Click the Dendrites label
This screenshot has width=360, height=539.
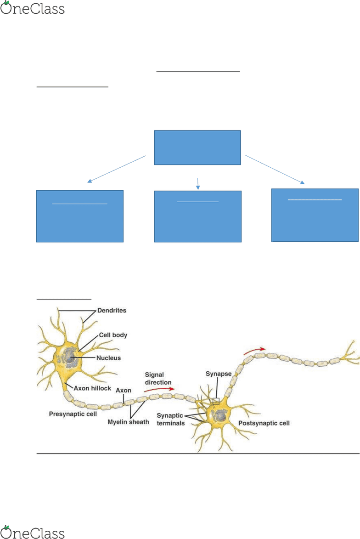(x=112, y=311)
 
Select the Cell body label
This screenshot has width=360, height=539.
(x=113, y=335)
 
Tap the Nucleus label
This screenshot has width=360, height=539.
(x=108, y=358)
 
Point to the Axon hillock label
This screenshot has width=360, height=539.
(x=92, y=388)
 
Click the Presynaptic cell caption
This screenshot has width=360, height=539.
(x=73, y=414)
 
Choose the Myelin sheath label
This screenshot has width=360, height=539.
(x=128, y=422)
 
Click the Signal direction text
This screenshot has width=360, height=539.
(x=158, y=379)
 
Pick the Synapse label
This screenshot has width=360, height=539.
(x=219, y=374)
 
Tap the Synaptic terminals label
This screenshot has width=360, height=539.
(x=171, y=420)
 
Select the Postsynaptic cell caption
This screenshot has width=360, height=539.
(x=264, y=423)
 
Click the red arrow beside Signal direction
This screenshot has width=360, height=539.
(x=159, y=389)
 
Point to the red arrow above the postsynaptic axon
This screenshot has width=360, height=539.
(x=254, y=351)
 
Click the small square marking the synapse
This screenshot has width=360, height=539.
(x=216, y=401)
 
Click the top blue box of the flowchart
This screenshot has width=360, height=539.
(x=197, y=148)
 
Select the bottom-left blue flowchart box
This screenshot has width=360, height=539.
(x=80, y=216)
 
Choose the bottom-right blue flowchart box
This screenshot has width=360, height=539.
(x=315, y=215)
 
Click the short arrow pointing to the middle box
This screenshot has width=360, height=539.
(x=198, y=183)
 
